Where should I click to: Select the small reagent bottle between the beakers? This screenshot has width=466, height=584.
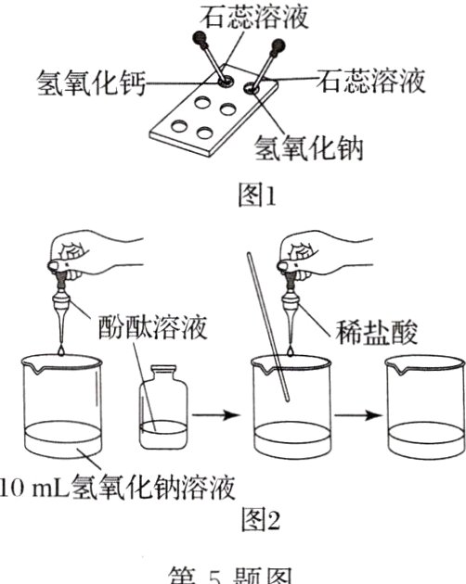point(164,408)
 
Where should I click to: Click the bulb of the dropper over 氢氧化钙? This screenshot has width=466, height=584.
point(200,38)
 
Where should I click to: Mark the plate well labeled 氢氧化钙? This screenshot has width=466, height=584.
point(225,82)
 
